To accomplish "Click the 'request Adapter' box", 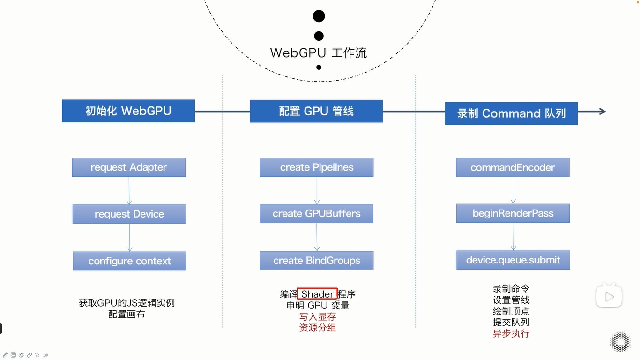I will click(x=129, y=167).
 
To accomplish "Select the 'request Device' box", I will click(x=129, y=214).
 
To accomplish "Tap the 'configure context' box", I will click(x=129, y=261).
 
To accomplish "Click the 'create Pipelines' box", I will click(x=317, y=167).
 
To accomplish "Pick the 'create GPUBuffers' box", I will click(x=317, y=214).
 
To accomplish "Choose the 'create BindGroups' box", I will click(x=317, y=261).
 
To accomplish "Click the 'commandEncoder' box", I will click(x=513, y=167).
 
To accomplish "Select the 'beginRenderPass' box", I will click(x=513, y=213).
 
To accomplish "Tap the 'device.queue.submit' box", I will click(x=513, y=260).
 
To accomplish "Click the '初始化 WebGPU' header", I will click(x=128, y=111).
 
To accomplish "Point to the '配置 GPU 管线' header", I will click(x=316, y=112).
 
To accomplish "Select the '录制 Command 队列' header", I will click(x=511, y=113).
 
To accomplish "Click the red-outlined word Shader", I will click(x=317, y=294).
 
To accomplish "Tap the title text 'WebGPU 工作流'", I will click(x=319, y=52).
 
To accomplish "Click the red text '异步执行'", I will click(x=511, y=334).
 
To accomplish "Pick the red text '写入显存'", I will click(x=318, y=317).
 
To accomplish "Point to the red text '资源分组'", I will click(x=318, y=328).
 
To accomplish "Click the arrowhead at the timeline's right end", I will click(x=602, y=112).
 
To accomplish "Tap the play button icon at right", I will click(x=609, y=296).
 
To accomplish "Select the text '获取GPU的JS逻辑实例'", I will click(x=127, y=303).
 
